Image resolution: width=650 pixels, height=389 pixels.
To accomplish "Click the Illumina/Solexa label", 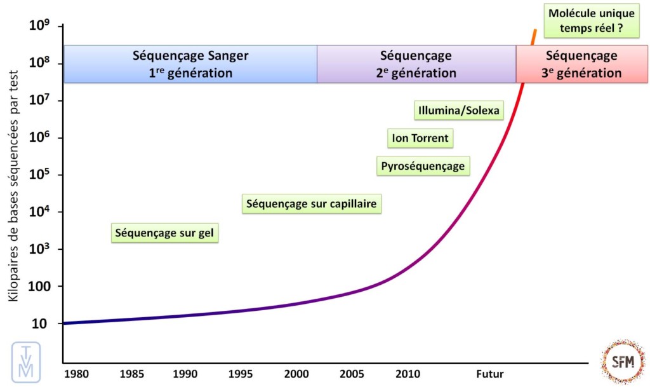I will (458, 111).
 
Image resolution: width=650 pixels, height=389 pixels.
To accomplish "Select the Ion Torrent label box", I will (420, 138).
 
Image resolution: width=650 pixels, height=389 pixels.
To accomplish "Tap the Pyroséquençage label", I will (423, 167).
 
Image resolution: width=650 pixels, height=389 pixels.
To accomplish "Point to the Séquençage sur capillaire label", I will (312, 204).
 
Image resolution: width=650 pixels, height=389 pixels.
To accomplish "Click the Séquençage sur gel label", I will (165, 233).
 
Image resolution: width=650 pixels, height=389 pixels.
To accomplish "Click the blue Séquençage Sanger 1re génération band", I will (190, 64).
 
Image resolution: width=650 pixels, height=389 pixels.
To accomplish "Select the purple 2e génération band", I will (416, 64).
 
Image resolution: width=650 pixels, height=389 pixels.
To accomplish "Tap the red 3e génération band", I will (581, 64).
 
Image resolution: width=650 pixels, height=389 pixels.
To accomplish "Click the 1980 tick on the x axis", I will (76, 372).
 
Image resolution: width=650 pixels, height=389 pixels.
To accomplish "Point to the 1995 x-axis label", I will (239, 372).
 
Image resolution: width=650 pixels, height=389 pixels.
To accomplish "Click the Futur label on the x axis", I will (489, 372).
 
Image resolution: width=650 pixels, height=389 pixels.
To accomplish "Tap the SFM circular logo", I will (622, 361).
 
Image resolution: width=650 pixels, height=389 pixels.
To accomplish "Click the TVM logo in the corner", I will (26, 362).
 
